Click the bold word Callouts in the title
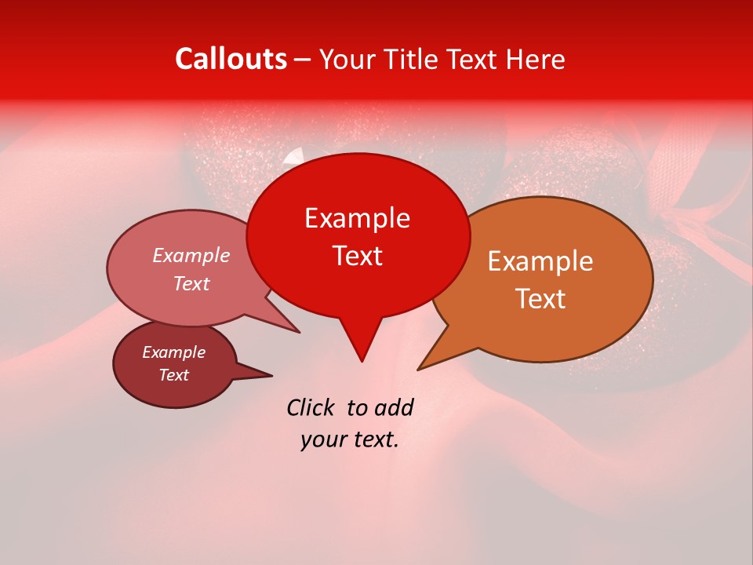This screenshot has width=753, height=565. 231,59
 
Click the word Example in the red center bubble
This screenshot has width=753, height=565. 357,218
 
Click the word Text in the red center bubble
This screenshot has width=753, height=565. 357,256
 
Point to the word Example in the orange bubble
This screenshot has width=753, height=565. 540,261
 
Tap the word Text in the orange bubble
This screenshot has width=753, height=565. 540,299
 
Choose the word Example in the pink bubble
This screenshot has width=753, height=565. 191,255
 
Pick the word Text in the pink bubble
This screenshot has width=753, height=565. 191,283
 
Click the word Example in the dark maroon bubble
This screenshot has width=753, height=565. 173,352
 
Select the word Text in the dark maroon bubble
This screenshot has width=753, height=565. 173,375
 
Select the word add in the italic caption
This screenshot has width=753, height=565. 393,407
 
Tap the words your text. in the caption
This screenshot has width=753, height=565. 350,439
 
